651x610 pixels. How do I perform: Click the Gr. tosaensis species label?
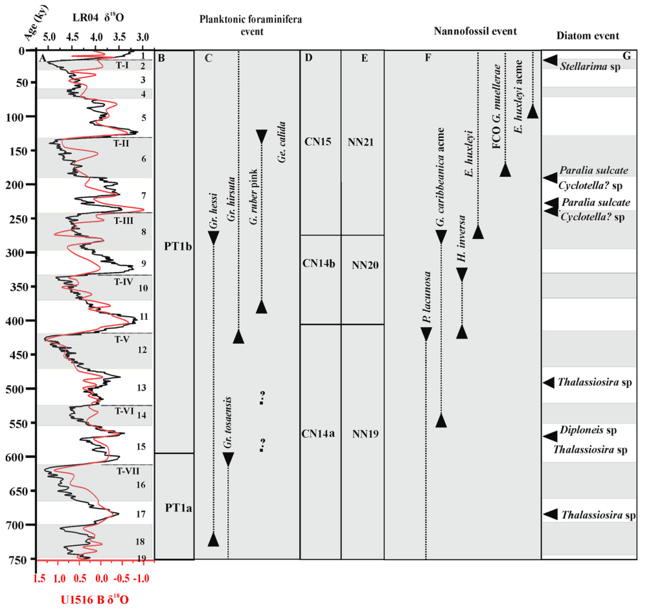click(227, 422)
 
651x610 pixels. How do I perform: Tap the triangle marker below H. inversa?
click(462, 332)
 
